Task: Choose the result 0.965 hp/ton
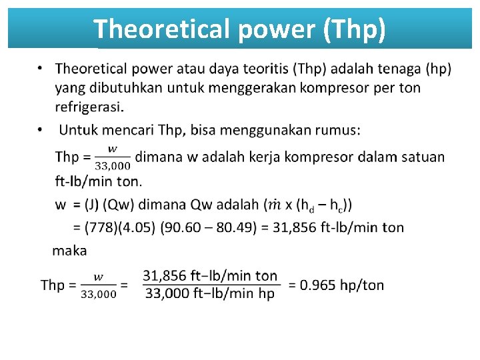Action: pyautogui.click(x=342, y=285)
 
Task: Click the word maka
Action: pyautogui.click(x=69, y=251)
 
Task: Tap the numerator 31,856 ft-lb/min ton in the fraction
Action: pyautogui.click(x=210, y=275)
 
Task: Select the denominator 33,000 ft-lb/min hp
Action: pyautogui.click(x=210, y=294)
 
